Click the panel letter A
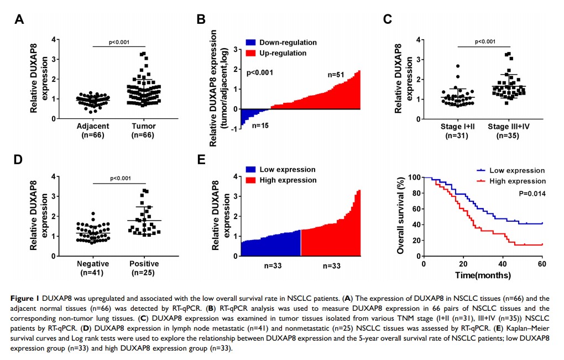coord(19,20)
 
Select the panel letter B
coord(201,20)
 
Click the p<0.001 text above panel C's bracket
coord(485,41)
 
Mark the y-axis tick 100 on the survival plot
coord(412,177)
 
